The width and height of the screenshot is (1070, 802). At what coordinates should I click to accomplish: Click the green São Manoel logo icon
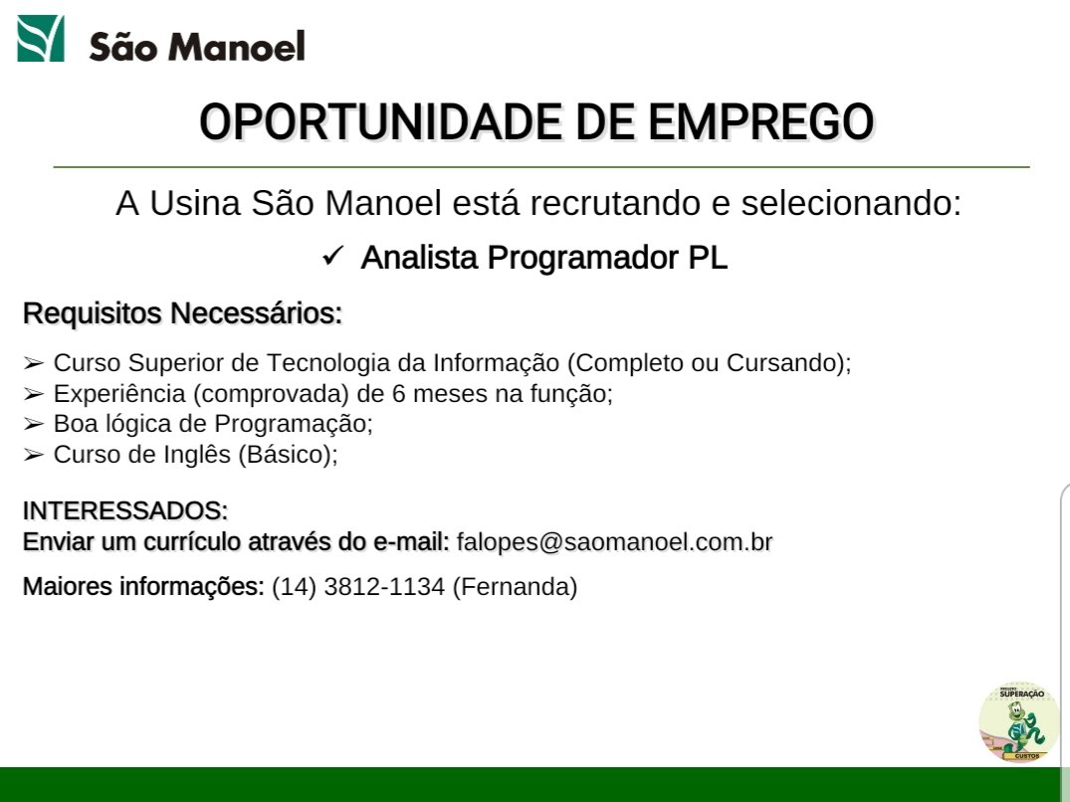41,38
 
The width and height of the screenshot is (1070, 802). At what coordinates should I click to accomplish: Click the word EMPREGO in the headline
760,122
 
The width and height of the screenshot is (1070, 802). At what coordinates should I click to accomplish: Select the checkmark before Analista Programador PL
333,257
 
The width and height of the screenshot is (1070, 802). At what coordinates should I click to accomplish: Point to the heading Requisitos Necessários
182,313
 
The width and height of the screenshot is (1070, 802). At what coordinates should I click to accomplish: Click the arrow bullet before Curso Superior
34,363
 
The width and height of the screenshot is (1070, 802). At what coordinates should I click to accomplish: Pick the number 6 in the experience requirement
398,393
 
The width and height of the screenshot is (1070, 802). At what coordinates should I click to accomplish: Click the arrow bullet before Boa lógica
34,424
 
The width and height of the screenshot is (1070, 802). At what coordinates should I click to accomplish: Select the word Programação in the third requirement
294,424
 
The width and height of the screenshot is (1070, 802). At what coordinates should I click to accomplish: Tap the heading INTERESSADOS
125,510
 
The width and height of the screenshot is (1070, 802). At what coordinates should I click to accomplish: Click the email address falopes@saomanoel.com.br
614,542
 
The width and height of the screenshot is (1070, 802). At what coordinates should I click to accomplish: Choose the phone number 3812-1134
384,586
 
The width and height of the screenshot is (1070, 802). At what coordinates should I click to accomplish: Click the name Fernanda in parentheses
516,586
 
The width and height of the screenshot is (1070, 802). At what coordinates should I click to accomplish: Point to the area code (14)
294,586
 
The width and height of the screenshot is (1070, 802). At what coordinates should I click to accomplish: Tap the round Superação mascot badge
1019,721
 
